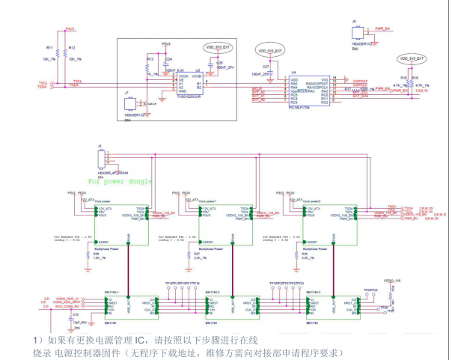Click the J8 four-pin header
(100, 162)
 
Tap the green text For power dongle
(120, 181)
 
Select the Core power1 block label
(207, 201)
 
